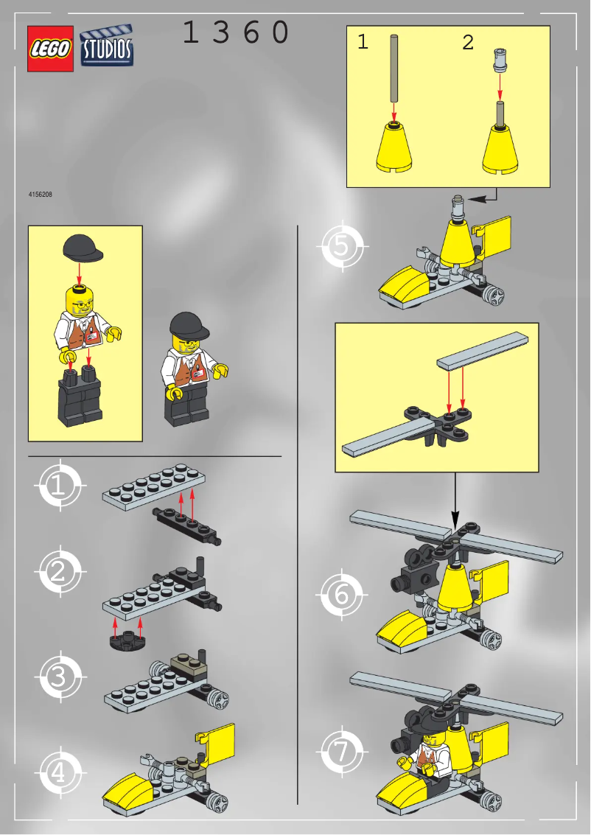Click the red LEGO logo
[x=50, y=49]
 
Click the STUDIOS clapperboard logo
[x=107, y=46]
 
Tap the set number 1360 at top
[x=235, y=33]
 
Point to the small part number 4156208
[x=40, y=195]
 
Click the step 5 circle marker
[x=341, y=246]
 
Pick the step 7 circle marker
[x=341, y=752]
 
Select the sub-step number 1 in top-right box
[x=362, y=43]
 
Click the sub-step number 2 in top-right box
[x=468, y=43]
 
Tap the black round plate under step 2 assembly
[x=127, y=638]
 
